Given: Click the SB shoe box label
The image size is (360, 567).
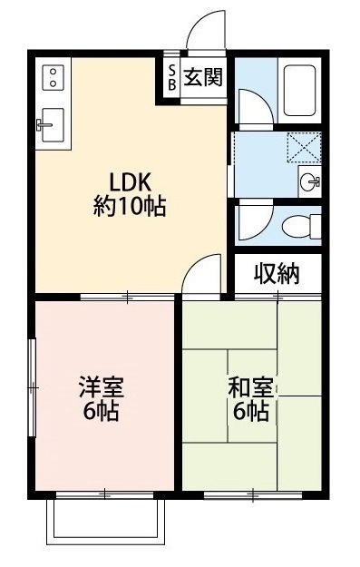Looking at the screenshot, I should pos(170,77).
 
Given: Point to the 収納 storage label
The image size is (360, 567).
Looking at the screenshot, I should pos(276,273).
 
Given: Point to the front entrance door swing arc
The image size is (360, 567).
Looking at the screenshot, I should pos(204,27).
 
